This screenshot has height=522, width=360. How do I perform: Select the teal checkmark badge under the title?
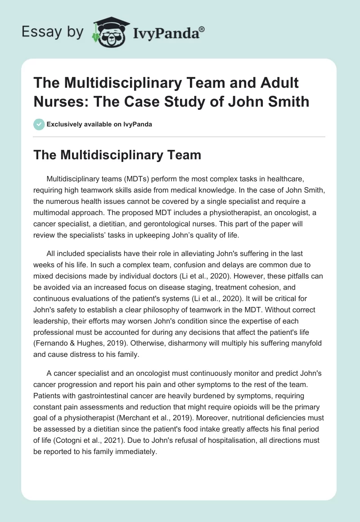40,124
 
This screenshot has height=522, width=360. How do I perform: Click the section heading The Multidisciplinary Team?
117,155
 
